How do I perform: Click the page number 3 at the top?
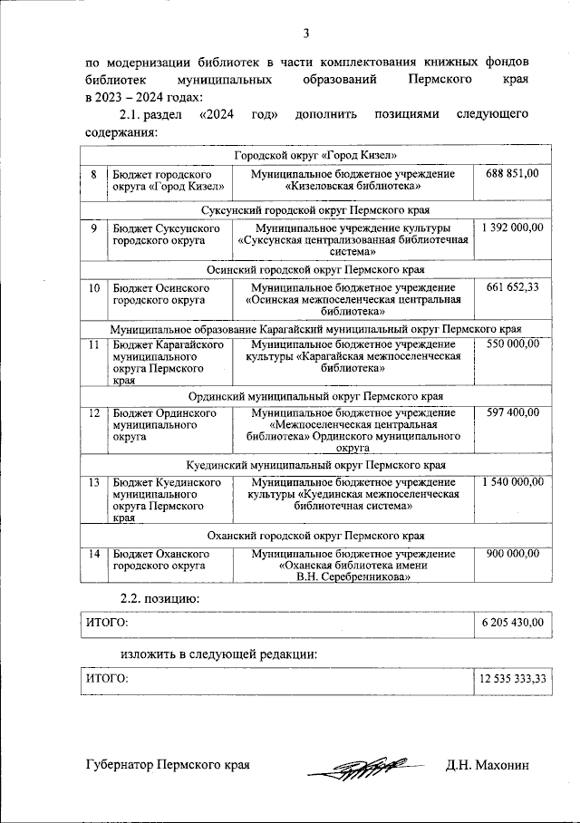[306, 34]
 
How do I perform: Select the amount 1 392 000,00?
[513, 228]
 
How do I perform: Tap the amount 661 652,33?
[512, 287]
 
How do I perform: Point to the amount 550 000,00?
[512, 344]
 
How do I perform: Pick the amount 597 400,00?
[512, 413]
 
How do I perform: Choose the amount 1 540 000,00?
[513, 481]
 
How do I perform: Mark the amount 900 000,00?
[512, 553]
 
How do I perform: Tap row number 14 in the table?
[93, 553]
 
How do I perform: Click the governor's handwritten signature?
[358, 767]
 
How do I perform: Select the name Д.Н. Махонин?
[487, 766]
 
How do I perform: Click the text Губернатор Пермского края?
[168, 766]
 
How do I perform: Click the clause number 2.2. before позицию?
[135, 597]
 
